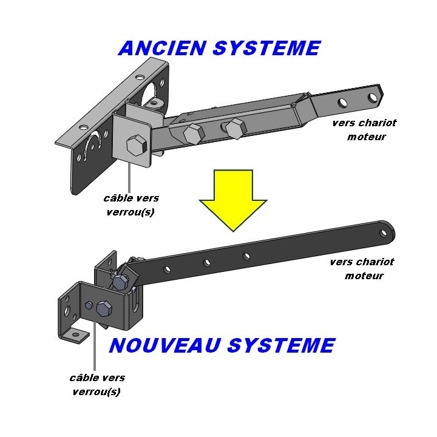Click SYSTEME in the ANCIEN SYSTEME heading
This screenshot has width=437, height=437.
[266, 48]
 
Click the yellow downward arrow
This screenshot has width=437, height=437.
[232, 200]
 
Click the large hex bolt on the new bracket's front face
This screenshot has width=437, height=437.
[104, 308]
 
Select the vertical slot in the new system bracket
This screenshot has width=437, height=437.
[135, 301]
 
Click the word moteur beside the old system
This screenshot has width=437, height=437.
[366, 137]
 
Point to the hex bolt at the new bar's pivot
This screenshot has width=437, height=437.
[120, 280]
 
